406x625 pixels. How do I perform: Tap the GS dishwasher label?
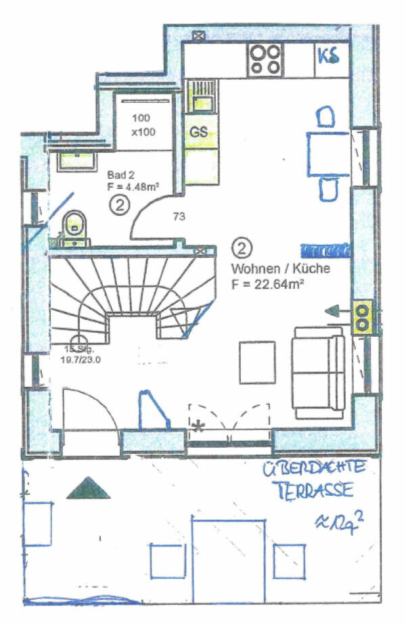pos(198,132)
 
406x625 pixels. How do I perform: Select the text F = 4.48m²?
pos(133,187)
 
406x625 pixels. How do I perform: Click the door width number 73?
pos(179,217)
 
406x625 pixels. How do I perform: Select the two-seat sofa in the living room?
pos(318,367)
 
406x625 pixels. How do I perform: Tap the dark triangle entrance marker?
pos(88,487)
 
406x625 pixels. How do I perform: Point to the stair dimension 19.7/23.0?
pos(83,360)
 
